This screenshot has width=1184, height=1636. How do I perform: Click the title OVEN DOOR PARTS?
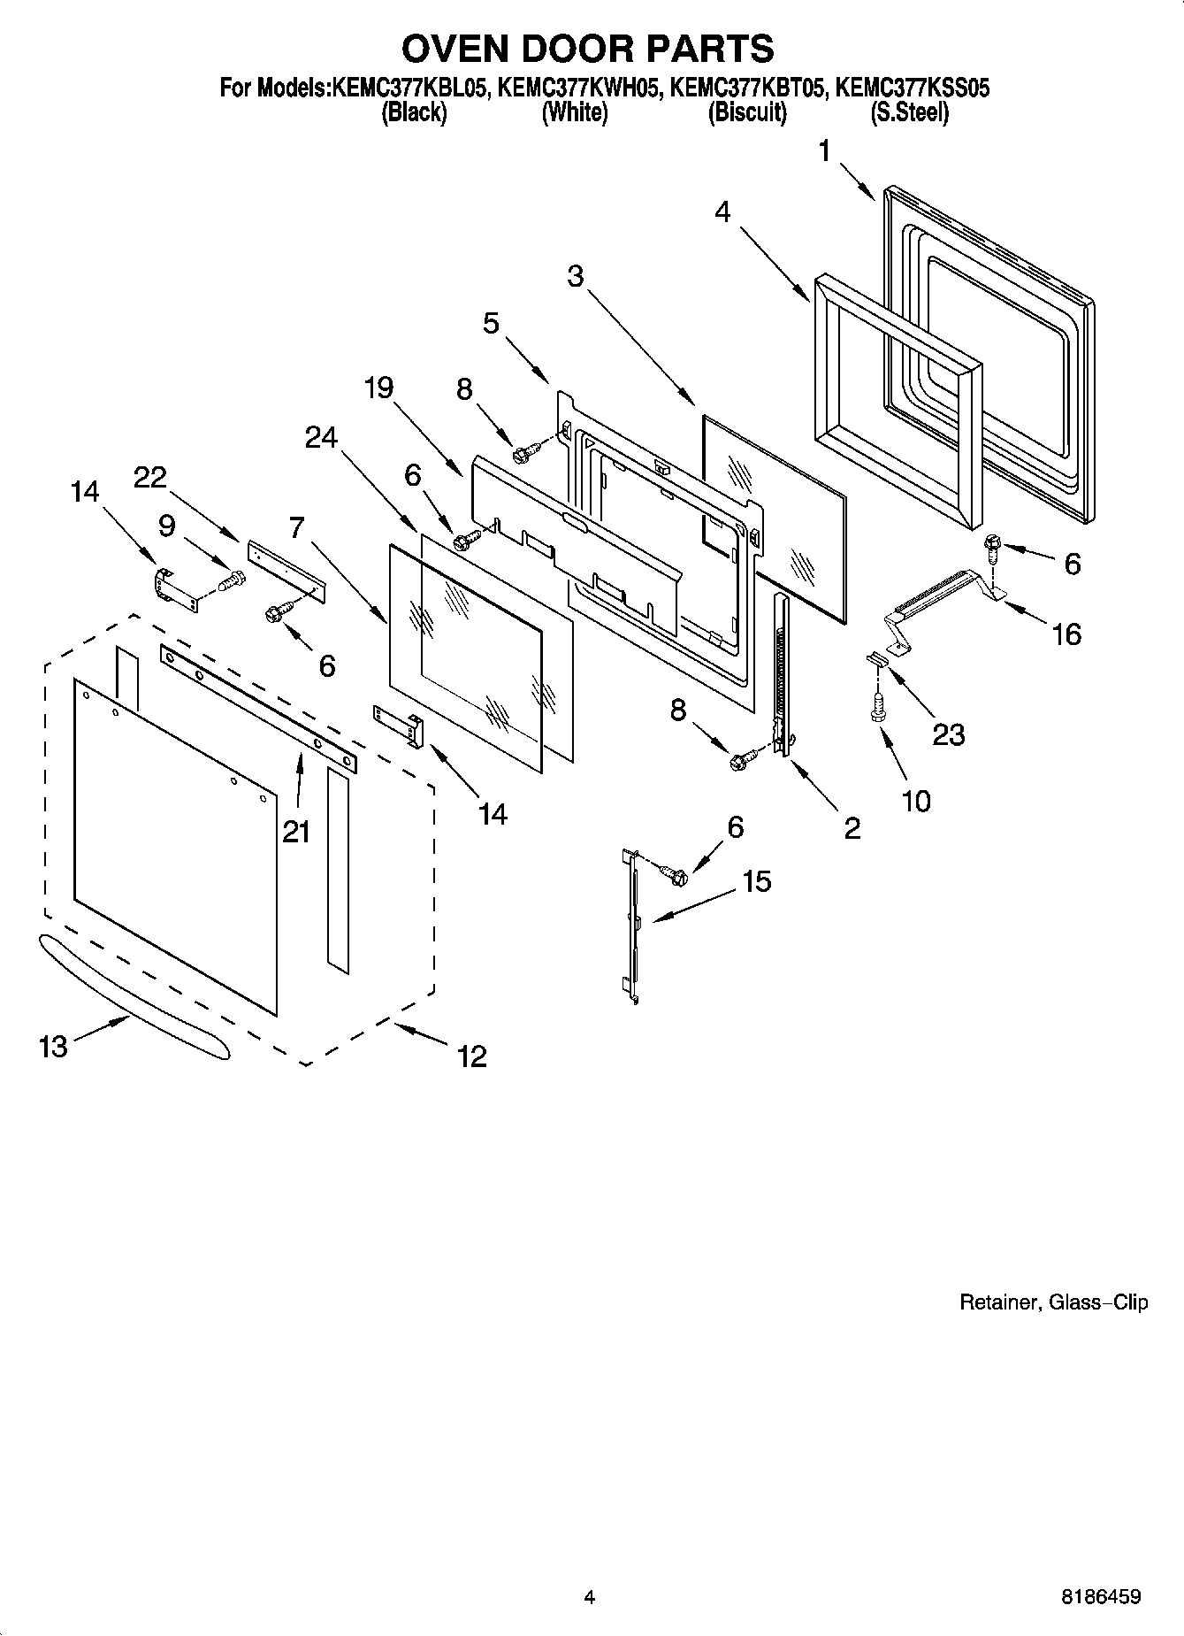588,49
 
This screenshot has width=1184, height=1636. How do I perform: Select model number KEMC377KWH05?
579,88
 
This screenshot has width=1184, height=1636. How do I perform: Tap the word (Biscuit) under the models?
747,113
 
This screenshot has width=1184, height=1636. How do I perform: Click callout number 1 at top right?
824,152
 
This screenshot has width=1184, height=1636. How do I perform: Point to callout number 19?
379,388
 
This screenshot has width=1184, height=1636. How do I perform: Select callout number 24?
321,437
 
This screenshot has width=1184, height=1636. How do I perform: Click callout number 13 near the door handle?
53,1047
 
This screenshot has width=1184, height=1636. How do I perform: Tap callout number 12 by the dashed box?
472,1056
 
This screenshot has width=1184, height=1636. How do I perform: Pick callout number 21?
296,831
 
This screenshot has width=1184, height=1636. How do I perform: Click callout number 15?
757,880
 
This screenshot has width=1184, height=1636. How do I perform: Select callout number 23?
948,734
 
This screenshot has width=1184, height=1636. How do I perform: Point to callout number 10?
916,801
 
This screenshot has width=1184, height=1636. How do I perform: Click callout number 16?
1067,634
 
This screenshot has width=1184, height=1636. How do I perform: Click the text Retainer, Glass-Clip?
1054,1302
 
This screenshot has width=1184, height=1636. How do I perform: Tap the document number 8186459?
1101,1597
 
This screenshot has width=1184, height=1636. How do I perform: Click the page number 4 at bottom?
589,1597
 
